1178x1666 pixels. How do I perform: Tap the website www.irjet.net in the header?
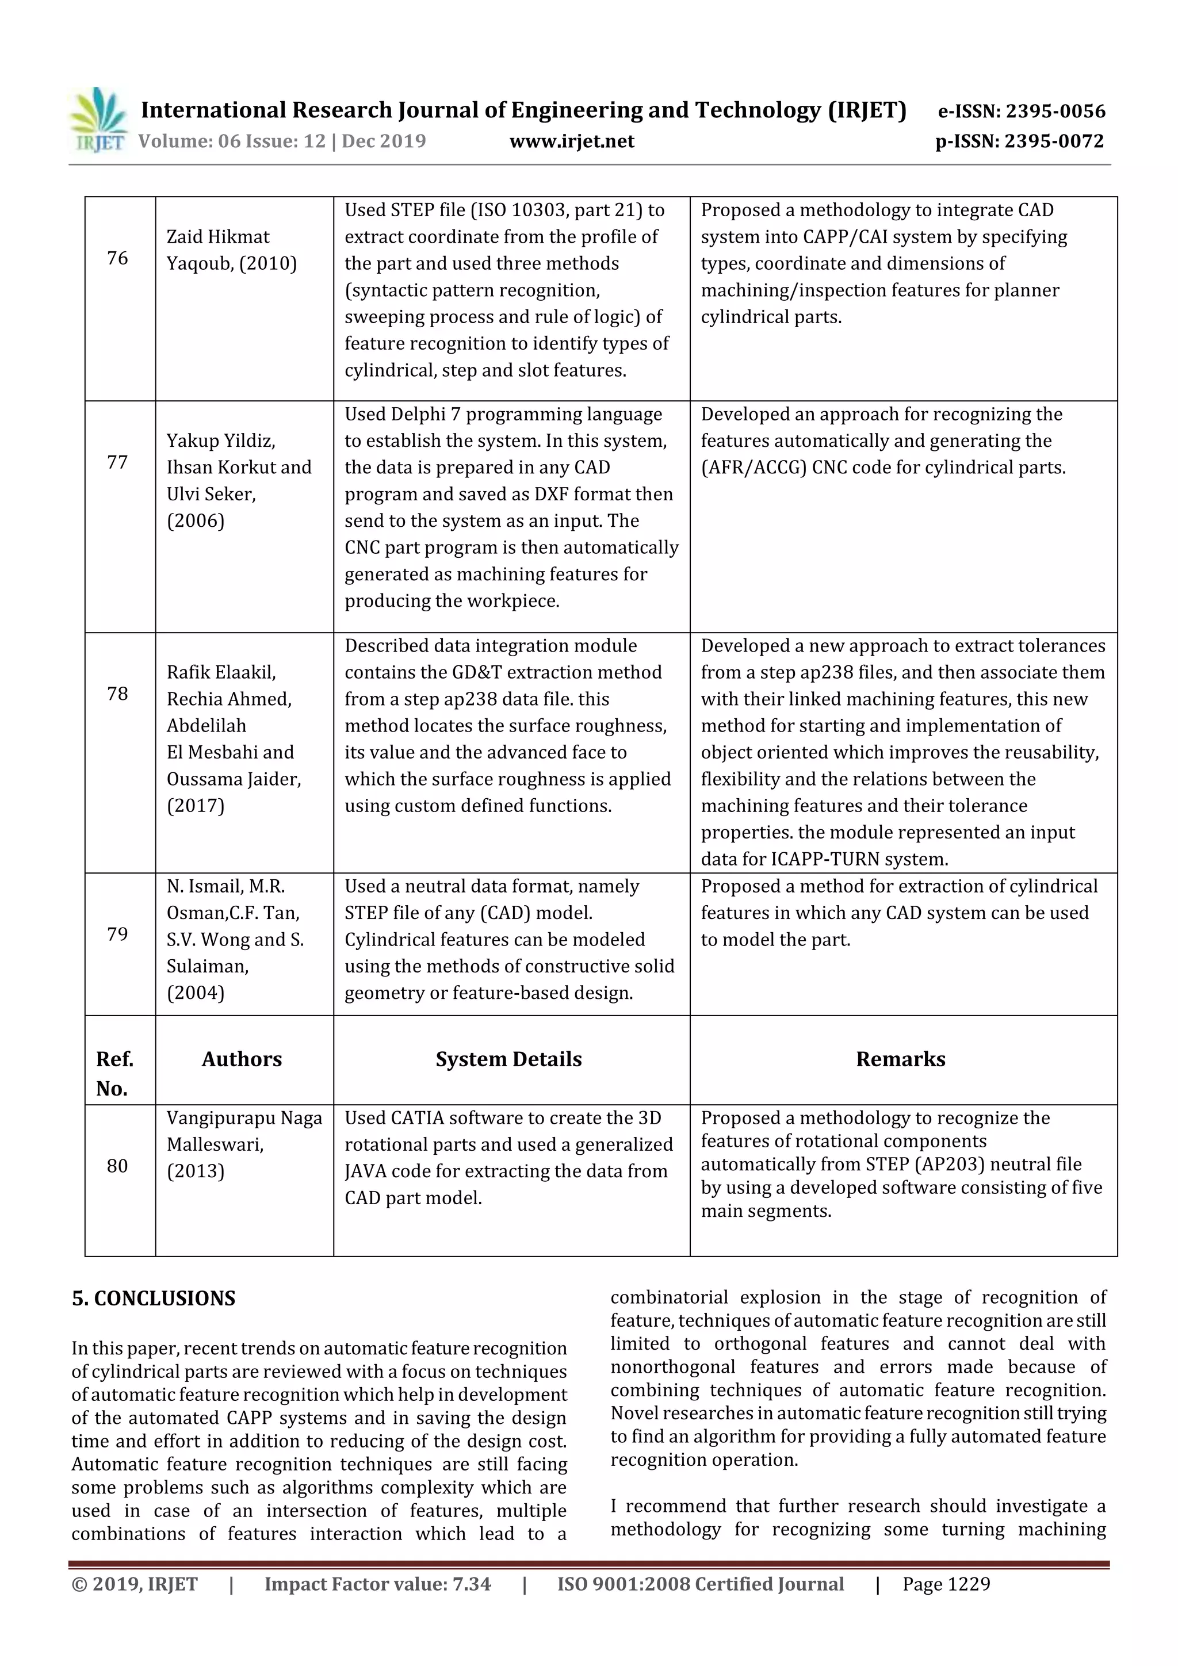click(x=571, y=141)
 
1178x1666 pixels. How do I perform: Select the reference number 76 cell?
click(x=117, y=258)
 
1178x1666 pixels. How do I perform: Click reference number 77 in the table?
click(x=117, y=462)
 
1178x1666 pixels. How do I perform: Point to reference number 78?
click(x=117, y=694)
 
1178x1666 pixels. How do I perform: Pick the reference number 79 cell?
click(x=117, y=934)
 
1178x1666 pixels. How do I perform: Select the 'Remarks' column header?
click(x=900, y=1059)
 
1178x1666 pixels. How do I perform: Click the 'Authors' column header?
click(x=242, y=1059)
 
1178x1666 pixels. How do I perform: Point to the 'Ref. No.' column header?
click(x=114, y=1073)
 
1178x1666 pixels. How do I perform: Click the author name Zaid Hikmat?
click(x=218, y=236)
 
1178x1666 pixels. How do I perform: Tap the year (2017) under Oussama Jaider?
click(x=196, y=806)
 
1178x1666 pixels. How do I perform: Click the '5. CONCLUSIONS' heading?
click(x=154, y=1298)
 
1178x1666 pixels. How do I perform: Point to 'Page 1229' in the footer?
click(x=946, y=1583)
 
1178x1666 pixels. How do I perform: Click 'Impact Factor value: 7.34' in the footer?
click(x=377, y=1583)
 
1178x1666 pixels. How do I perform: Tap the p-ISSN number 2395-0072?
click(x=1053, y=141)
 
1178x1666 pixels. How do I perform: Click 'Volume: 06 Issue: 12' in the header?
click(x=232, y=141)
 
